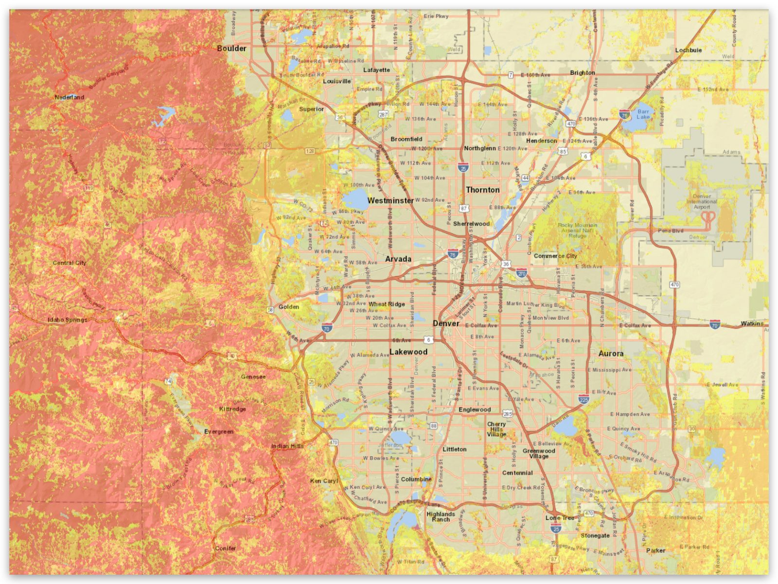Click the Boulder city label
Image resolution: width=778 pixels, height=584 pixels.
pos(231,49)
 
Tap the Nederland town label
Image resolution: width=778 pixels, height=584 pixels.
pos(69,97)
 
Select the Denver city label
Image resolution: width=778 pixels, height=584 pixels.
pos(446,323)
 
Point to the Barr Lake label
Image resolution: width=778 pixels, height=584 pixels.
pos(643,114)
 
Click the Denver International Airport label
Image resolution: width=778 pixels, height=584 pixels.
pos(702,202)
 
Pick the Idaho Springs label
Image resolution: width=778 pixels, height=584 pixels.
pos(68,320)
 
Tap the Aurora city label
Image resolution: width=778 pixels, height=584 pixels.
pos(611,354)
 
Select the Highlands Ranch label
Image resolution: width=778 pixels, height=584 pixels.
pos(441,516)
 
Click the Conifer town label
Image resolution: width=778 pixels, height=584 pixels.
pos(226,548)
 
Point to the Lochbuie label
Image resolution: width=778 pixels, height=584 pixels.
pos(688,50)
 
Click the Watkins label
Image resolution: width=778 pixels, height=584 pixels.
pos(752,323)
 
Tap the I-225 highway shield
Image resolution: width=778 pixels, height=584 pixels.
pos(583,400)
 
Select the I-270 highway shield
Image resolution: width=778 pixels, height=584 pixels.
pos(521,273)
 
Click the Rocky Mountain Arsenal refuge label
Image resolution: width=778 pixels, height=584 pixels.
pos(577,230)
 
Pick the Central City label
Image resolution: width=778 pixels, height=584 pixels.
pos(70,263)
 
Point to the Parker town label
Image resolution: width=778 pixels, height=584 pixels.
pos(655,550)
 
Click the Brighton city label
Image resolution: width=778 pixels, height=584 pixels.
pos(582,72)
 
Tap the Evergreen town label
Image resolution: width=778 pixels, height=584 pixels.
pos(218,431)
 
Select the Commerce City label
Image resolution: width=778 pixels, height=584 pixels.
pos(555,256)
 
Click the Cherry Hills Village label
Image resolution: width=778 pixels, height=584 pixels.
pos(496,429)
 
